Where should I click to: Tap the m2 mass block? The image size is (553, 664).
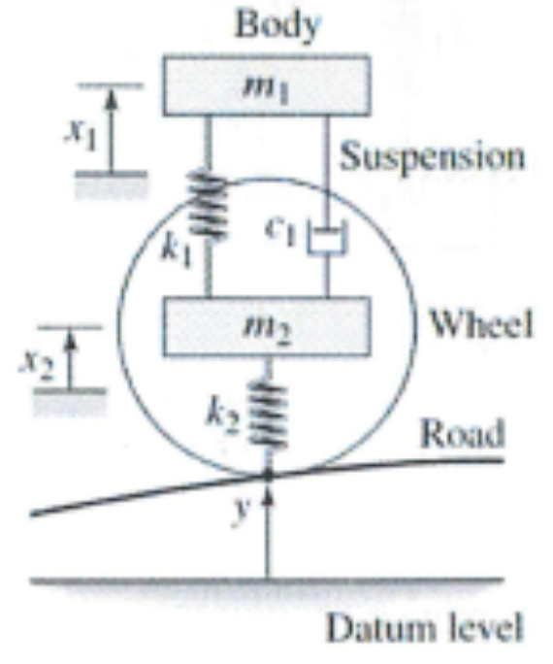tap(266, 327)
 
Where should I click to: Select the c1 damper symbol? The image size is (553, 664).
tap(325, 238)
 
